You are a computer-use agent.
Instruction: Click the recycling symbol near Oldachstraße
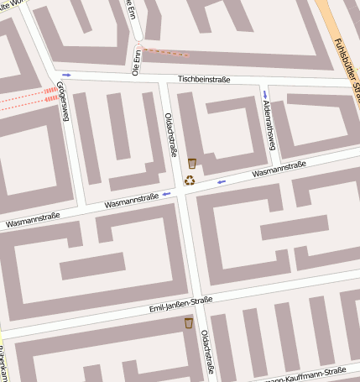190,180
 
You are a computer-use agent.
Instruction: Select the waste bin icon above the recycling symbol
192,163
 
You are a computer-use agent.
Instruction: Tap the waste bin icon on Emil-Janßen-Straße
189,323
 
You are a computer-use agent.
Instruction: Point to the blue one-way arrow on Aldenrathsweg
265,93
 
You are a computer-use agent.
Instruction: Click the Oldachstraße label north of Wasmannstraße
171,135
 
